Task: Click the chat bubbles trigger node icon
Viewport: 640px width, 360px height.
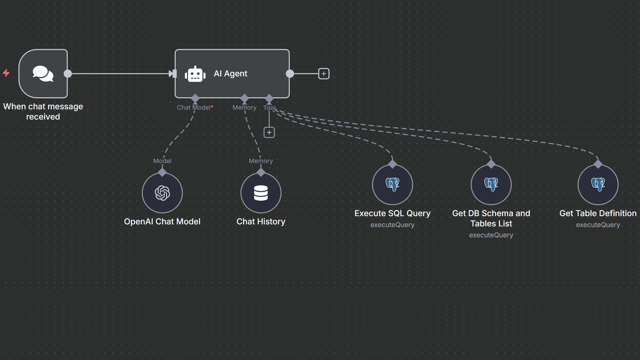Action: [43, 74]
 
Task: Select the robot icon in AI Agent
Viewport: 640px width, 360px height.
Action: [195, 74]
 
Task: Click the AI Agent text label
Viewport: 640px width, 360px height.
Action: [230, 74]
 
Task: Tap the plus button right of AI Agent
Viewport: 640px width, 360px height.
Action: [324, 74]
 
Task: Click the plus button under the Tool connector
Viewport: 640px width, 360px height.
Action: [269, 132]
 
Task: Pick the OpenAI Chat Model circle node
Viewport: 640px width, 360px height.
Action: [162, 193]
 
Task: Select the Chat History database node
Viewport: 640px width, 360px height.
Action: [261, 193]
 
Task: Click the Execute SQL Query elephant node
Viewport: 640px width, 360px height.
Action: [392, 184]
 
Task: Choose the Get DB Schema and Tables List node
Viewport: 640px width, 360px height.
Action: [491, 184]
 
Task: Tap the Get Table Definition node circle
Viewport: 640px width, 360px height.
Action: [598, 184]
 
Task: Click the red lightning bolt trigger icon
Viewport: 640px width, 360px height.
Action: [6, 73]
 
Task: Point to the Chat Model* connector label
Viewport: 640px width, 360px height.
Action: [195, 107]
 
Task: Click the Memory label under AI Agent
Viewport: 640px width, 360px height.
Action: [244, 107]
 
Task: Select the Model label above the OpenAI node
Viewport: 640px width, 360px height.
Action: [162, 161]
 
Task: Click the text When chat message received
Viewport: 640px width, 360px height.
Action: [43, 111]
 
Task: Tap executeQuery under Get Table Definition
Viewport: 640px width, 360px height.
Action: [598, 225]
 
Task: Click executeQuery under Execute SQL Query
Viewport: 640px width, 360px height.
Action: [392, 225]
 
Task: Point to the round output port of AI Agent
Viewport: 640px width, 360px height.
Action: [290, 74]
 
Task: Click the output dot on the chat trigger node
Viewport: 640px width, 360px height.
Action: [68, 74]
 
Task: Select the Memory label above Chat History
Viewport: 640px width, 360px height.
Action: [261, 161]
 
